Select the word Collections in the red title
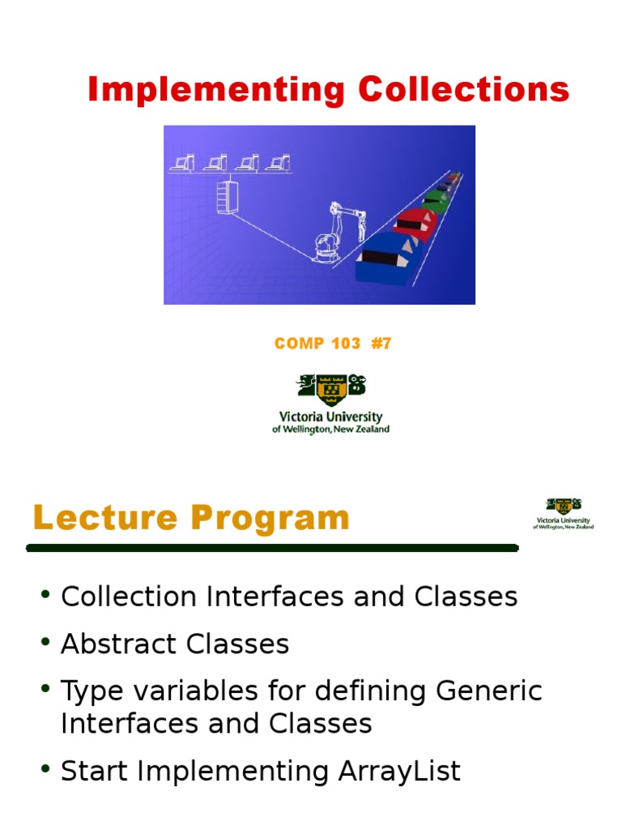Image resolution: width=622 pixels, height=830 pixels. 464,89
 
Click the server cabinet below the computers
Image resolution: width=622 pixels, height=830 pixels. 225,197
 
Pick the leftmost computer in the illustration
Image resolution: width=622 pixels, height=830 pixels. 182,163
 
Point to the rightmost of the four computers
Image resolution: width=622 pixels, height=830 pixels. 279,163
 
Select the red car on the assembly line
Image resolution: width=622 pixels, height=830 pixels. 415,220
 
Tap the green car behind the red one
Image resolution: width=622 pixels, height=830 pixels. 435,199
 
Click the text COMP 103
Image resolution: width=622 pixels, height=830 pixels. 317,344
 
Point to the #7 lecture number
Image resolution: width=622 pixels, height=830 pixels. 381,344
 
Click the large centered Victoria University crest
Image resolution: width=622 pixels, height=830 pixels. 330,389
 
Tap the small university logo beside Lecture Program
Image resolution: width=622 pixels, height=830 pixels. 563,513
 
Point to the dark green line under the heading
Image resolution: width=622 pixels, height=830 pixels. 271,549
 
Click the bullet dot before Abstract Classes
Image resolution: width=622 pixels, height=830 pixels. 45,643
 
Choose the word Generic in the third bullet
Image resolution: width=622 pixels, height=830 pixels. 488,691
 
